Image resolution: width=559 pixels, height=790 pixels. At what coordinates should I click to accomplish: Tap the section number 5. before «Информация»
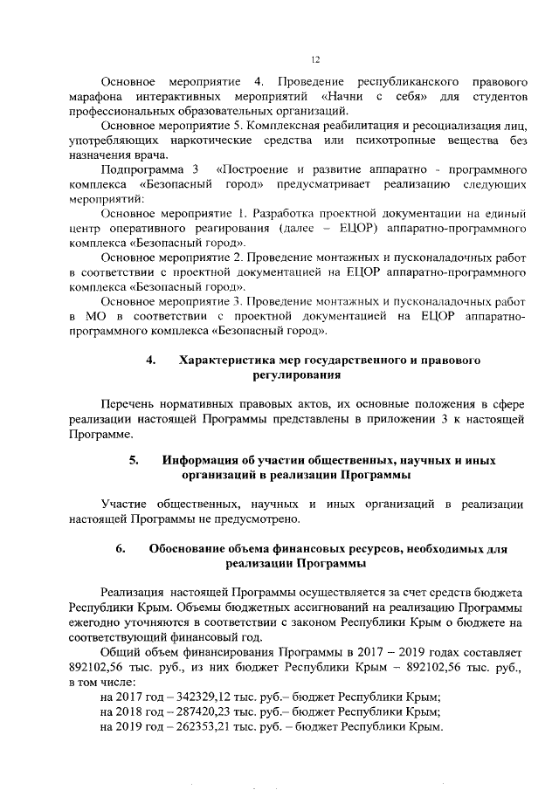pyautogui.click(x=135, y=459)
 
